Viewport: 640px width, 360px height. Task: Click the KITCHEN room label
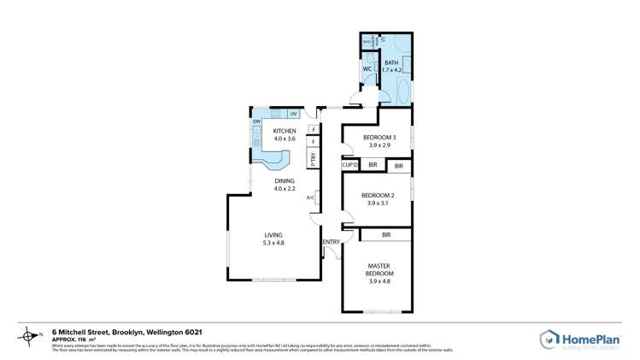click(285, 131)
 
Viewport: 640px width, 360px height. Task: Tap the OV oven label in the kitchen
click(293, 114)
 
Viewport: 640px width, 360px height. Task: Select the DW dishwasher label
click(256, 121)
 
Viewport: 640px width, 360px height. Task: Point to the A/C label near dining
click(310, 198)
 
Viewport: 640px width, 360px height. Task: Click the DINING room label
click(285, 181)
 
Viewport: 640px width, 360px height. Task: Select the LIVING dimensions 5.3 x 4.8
click(273, 243)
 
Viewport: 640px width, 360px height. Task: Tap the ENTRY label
click(331, 242)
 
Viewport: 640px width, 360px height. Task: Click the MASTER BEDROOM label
click(379, 269)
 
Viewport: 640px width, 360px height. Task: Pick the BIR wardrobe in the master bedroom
click(386, 234)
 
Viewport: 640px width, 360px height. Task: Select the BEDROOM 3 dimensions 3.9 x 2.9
click(379, 145)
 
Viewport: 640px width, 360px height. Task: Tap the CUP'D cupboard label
click(349, 164)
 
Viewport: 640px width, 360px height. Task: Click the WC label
click(367, 69)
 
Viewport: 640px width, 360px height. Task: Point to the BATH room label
click(391, 63)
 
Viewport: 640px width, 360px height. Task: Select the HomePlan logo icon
click(549, 339)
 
